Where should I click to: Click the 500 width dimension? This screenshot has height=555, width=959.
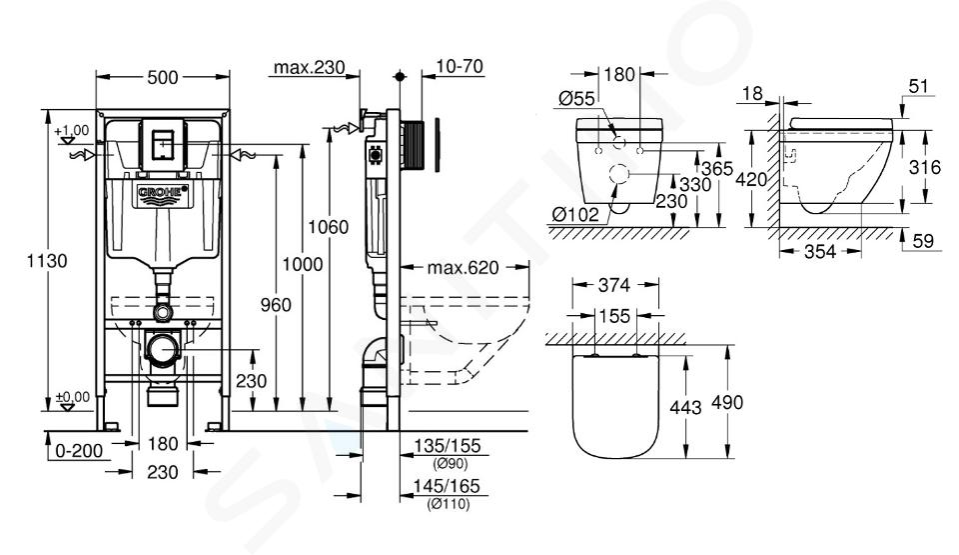click(163, 77)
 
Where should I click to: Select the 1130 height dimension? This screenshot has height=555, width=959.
click(47, 261)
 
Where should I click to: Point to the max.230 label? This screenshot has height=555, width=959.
click(309, 67)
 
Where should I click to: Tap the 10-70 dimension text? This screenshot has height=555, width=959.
click(460, 66)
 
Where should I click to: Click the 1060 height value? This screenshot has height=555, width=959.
click(328, 227)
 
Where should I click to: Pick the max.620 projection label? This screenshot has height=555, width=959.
click(463, 268)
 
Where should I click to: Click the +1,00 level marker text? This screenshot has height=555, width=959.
click(72, 130)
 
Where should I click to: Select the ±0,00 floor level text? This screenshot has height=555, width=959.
click(73, 397)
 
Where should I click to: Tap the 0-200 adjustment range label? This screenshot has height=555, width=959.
click(79, 451)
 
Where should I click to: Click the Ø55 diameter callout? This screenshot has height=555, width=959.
click(576, 98)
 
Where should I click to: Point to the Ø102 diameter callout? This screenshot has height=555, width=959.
click(575, 214)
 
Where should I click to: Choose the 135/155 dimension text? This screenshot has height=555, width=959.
click(448, 445)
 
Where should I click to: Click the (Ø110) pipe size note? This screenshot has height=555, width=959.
click(449, 504)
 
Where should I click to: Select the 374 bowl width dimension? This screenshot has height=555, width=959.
click(613, 285)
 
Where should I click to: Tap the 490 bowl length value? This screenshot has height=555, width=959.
click(728, 402)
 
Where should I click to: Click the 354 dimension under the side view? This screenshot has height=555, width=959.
click(819, 251)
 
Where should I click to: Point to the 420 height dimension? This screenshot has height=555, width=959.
click(751, 179)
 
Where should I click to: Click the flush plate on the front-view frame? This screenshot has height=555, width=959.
click(162, 144)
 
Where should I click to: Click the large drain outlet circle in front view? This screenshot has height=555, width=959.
click(163, 349)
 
